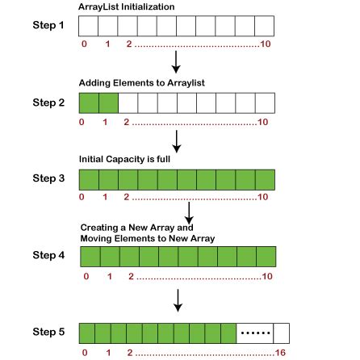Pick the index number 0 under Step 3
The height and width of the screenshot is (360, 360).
click(84, 196)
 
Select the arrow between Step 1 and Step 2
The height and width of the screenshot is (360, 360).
click(175, 62)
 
